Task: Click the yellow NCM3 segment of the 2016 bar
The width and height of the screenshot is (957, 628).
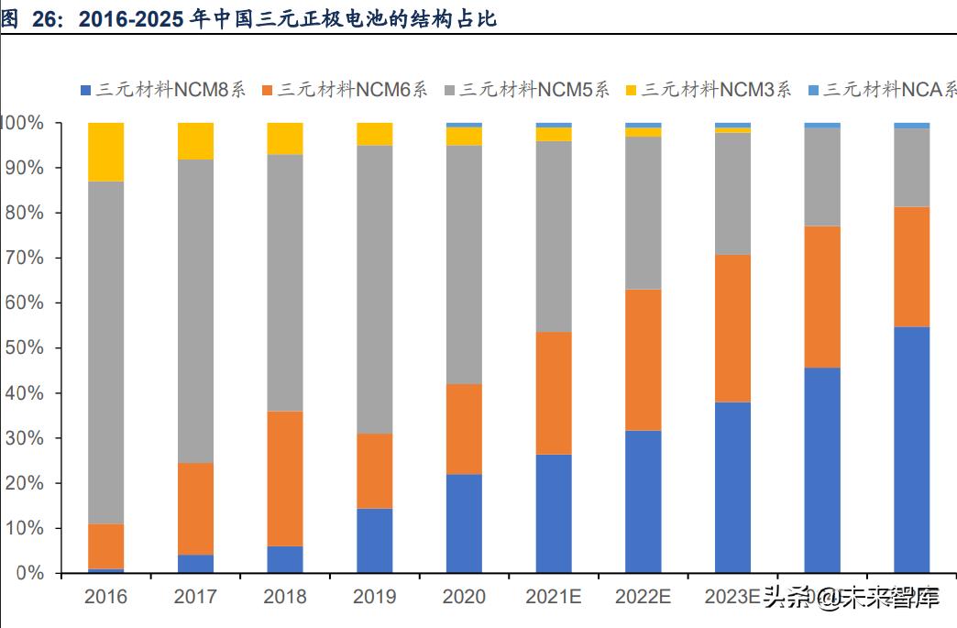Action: (105, 151)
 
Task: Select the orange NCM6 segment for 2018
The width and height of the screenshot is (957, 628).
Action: (285, 479)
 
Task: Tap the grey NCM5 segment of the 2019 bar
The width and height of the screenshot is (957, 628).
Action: (375, 289)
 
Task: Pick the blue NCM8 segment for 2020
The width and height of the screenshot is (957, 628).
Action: (464, 523)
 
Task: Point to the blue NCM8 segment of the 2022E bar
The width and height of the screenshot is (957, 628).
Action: (643, 501)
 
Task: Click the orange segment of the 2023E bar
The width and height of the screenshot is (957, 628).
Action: (732, 328)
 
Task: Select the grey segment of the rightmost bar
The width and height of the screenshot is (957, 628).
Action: (911, 168)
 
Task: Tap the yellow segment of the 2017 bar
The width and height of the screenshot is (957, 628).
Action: (195, 141)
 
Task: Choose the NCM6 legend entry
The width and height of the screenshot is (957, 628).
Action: (345, 90)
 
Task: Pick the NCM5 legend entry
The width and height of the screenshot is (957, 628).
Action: (526, 90)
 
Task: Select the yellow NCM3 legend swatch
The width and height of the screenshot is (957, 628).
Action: (631, 90)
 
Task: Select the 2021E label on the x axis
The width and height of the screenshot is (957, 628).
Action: (554, 597)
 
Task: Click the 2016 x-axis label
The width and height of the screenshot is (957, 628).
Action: (105, 597)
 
